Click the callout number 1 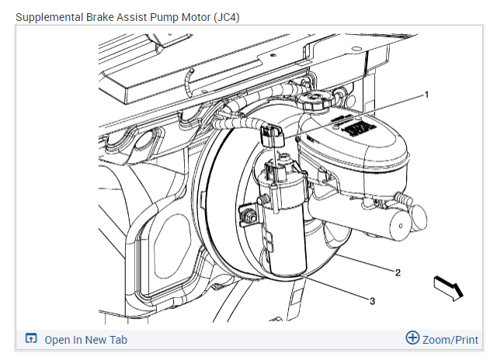426,94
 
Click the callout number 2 398,272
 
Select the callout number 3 372,300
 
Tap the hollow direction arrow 448,286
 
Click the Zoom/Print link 450,340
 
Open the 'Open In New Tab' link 85,340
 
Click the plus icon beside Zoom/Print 412,339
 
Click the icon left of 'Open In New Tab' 31,339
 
